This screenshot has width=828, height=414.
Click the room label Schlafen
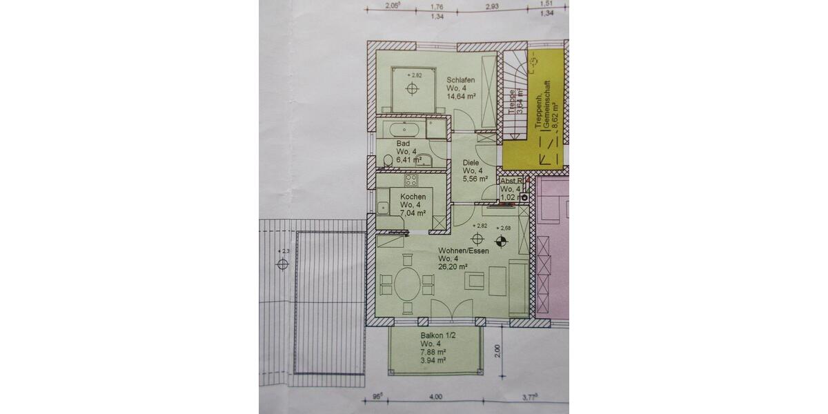click(x=461, y=79)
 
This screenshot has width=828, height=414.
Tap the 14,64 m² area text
click(x=462, y=97)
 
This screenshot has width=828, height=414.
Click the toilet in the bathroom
click(x=388, y=161)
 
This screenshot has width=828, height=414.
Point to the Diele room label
click(x=471, y=163)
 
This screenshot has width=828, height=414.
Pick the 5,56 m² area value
click(x=476, y=179)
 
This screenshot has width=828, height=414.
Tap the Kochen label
click(x=412, y=196)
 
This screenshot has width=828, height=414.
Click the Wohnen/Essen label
click(x=464, y=251)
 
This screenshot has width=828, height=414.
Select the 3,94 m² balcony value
click(x=433, y=360)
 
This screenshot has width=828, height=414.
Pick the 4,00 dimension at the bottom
click(x=436, y=397)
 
